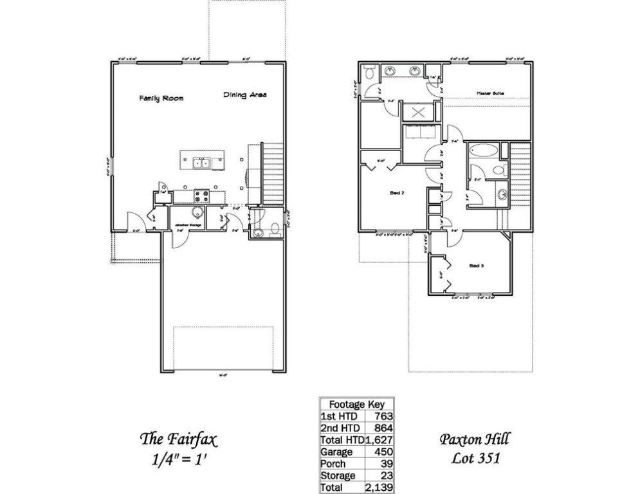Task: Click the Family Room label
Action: (x=161, y=98)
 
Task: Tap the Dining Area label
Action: (x=245, y=95)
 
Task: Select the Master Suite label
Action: (x=489, y=93)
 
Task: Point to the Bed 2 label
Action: (x=397, y=192)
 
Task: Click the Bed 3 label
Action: (x=476, y=265)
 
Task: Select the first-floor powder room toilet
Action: (x=273, y=227)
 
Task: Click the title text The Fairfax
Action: (x=179, y=440)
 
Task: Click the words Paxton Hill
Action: (x=475, y=440)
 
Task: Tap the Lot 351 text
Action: (x=475, y=459)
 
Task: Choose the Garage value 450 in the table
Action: (x=379, y=452)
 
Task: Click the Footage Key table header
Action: (x=356, y=405)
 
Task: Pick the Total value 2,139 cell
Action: (x=379, y=488)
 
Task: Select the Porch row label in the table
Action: (x=333, y=464)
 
